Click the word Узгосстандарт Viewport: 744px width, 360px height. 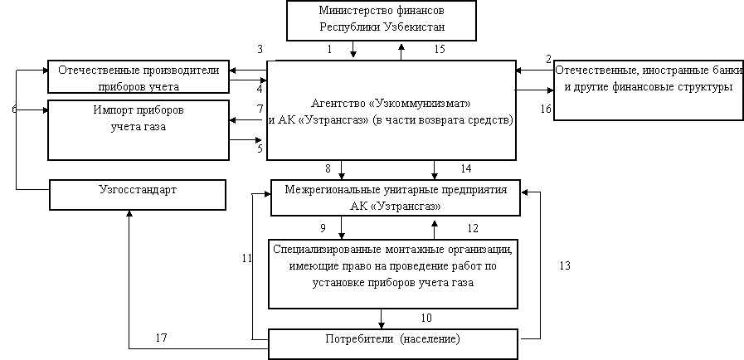click(x=138, y=190)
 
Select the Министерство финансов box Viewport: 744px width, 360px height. click(x=382, y=21)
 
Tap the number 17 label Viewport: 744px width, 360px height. click(x=162, y=338)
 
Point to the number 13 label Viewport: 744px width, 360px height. click(x=565, y=265)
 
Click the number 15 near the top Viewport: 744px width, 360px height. click(x=440, y=49)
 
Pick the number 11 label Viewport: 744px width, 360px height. click(x=246, y=259)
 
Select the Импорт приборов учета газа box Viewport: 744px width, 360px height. click(x=139, y=130)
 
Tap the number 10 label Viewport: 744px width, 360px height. click(x=426, y=318)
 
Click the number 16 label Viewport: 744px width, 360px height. click(x=546, y=109)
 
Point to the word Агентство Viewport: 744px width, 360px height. click(x=338, y=103)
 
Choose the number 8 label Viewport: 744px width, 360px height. click(x=328, y=168)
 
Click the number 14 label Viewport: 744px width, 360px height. click(x=466, y=168)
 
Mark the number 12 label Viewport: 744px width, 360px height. click(x=473, y=228)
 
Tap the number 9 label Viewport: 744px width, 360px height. click(x=323, y=228)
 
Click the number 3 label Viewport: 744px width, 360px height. click(x=260, y=49)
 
